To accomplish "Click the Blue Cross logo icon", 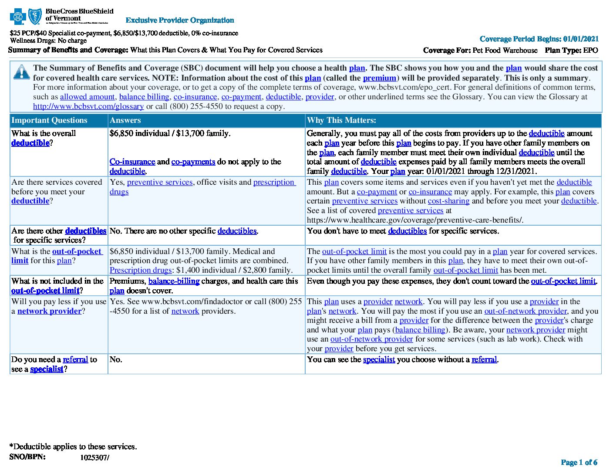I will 18,17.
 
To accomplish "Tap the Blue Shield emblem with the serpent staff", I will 35,17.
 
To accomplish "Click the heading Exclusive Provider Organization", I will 180,20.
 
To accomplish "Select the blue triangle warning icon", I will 21,72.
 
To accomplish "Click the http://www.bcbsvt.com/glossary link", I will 88,106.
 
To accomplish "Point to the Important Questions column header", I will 49,120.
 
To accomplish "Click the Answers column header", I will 125,120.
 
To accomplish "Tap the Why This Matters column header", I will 341,120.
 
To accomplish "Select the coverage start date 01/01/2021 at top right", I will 581,39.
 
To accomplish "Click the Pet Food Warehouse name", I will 505,50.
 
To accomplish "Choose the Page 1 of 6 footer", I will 579,462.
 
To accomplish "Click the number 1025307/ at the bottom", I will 94,457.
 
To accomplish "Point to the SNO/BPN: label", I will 27,457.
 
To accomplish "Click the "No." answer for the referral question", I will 116,359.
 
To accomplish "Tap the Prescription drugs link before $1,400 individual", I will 141,270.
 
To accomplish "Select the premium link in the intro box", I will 379,78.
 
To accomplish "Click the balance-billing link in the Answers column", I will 174,281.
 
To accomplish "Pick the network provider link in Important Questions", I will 49,311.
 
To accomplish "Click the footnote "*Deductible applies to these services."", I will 73,446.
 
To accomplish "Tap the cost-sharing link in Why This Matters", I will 448,201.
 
